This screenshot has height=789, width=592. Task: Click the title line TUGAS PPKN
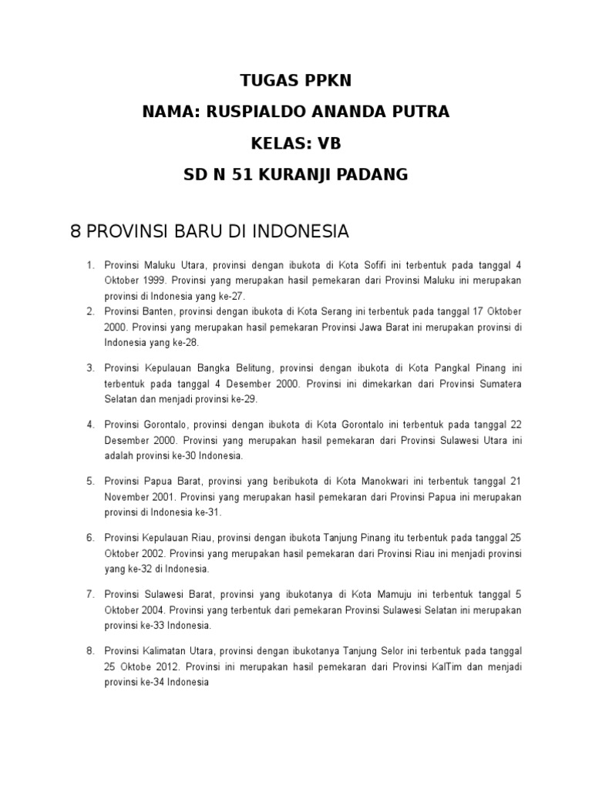pos(296,82)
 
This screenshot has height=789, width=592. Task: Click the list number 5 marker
pos(90,481)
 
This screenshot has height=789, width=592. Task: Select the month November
pos(128,496)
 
